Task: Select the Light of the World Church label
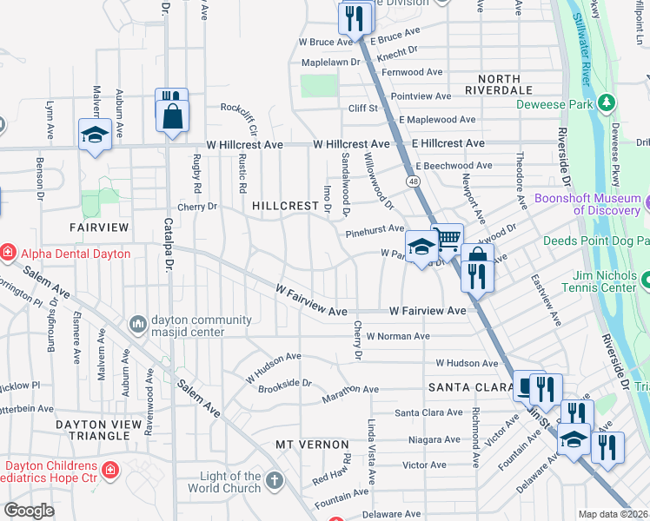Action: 230,482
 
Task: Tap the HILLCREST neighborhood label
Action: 286,207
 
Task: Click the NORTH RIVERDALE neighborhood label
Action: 498,83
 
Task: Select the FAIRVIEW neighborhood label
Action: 99,228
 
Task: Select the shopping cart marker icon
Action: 447,237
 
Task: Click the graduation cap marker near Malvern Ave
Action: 94,134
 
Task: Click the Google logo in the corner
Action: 29,511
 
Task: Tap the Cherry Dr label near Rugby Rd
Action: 196,208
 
